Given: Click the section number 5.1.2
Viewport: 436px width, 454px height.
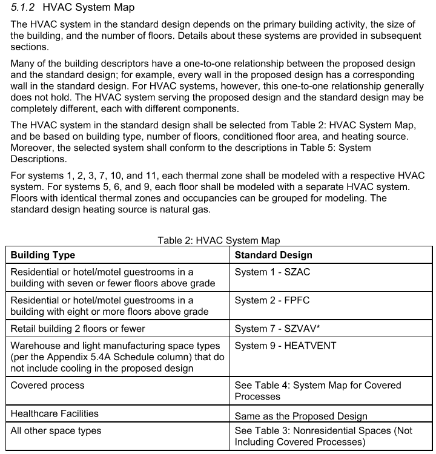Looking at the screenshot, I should coord(25,8).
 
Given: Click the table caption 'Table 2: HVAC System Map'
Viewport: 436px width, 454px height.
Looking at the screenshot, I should coord(219,240).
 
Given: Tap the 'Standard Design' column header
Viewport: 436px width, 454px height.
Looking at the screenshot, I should coord(273,255).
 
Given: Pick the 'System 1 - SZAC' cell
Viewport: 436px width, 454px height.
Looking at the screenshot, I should coord(272,272).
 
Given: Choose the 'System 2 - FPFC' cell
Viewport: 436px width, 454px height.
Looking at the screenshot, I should coord(272,300).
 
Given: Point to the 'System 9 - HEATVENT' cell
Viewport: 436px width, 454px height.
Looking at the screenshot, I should coord(285,346).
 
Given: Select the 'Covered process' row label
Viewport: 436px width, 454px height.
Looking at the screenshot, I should coord(47,385).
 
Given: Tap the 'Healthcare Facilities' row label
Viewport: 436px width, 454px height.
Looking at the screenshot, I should coord(54,414).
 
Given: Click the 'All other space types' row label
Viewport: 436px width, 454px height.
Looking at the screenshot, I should coord(56,431).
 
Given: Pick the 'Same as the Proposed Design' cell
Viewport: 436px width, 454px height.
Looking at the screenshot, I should coord(301,416).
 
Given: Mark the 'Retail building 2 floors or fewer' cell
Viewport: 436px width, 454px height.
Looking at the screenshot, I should coord(78,329).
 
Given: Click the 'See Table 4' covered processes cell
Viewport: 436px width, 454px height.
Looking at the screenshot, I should coord(318,390).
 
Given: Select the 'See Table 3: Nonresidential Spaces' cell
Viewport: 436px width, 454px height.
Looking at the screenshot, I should coord(323,436).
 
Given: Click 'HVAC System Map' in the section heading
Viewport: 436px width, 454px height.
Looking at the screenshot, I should coord(89,8).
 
